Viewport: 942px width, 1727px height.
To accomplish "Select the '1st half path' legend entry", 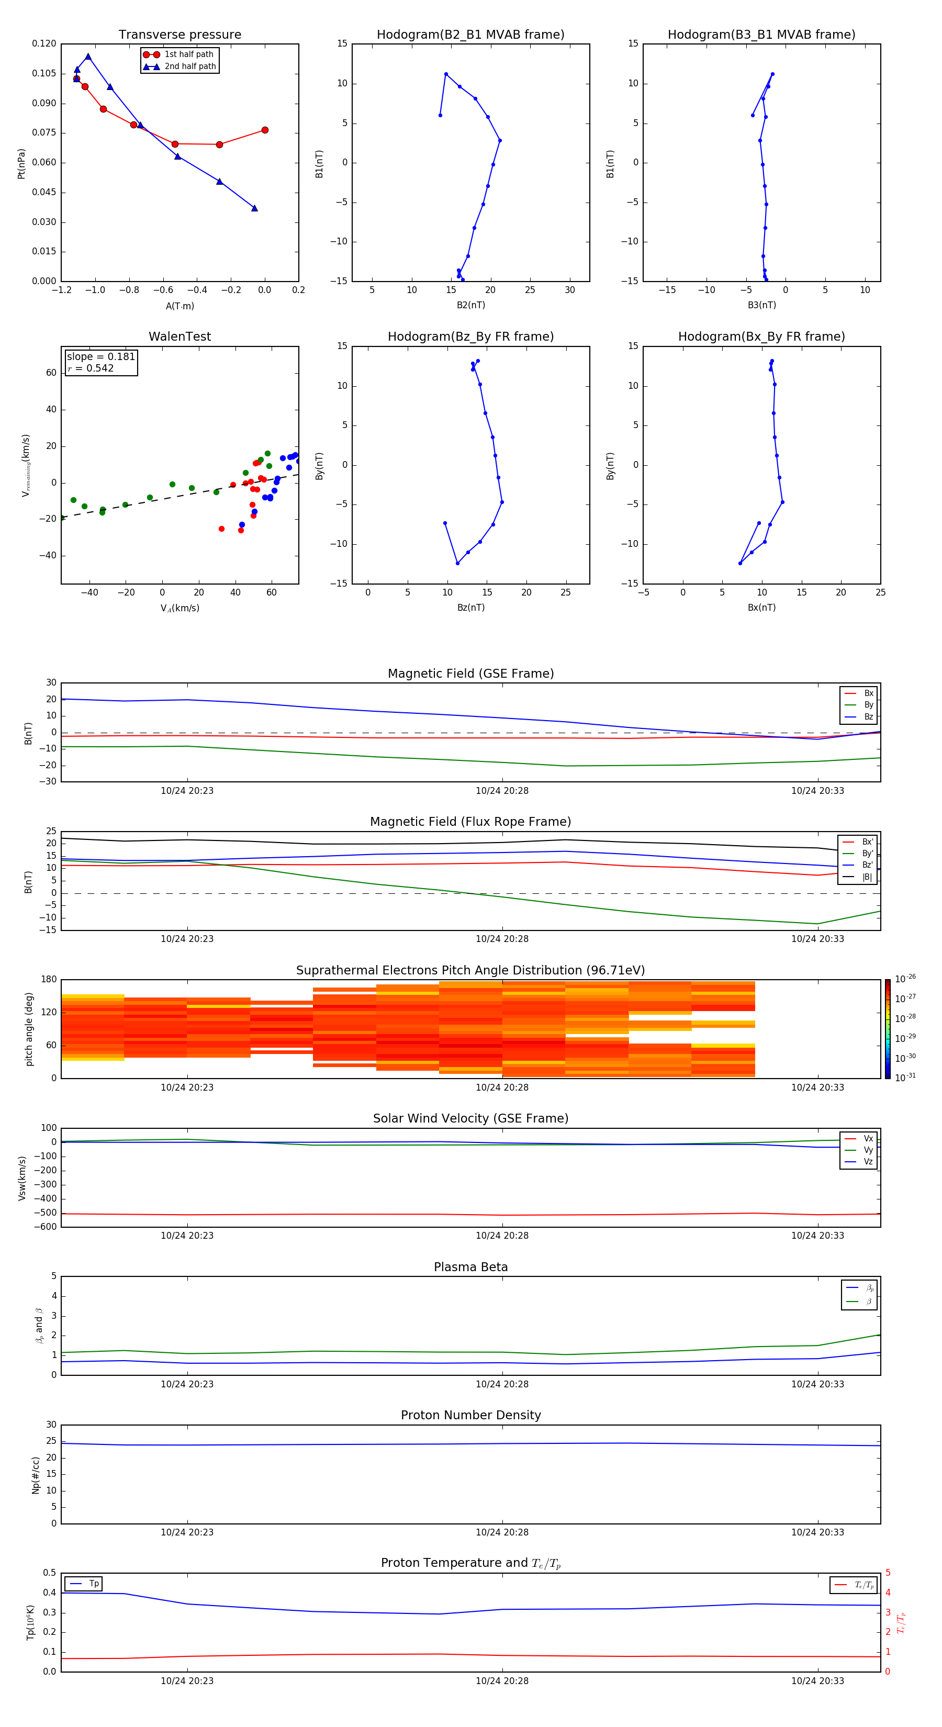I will pos(188,54).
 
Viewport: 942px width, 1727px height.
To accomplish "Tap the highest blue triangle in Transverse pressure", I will pos(88,57).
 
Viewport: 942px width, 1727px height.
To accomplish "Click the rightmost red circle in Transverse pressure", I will pos(265,130).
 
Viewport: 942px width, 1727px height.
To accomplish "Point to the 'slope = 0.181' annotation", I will pos(100,357).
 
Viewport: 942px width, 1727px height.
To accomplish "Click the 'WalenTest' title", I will pos(180,337).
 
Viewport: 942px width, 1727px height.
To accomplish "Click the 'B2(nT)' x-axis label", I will pos(470,305).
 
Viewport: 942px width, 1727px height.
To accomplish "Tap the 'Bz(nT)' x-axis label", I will pos(470,608).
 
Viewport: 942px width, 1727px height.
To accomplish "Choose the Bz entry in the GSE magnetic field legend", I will pos(868,716).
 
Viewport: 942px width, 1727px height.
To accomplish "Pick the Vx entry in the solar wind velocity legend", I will pos(868,1138).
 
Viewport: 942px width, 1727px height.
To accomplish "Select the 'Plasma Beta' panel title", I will pos(470,1267).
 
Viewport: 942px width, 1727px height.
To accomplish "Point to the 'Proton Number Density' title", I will pos(470,1415).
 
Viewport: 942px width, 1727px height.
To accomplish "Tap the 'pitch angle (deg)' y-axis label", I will pos(29,1028).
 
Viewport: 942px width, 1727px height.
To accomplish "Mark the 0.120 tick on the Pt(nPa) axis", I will pos(44,43).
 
